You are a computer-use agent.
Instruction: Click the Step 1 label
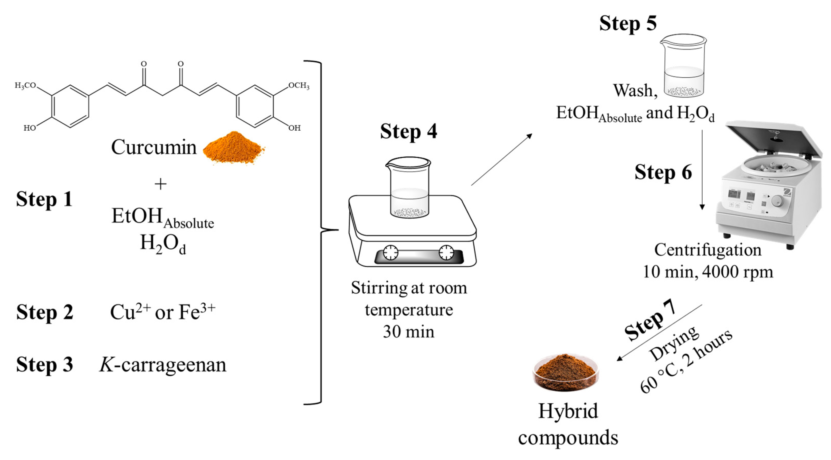pos(44,199)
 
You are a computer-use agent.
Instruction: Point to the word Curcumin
pos(154,147)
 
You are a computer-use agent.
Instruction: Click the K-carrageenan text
pos(163,365)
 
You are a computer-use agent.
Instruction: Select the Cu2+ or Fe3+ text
pos(163,312)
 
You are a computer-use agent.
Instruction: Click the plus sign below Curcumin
pos(160,184)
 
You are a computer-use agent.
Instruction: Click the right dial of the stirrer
pos(446,252)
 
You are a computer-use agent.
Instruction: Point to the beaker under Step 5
pos(683,66)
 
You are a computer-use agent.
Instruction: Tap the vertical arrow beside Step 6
pos(702,170)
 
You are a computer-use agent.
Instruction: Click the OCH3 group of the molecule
pos(298,86)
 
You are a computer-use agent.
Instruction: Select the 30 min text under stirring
pos(408,332)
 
